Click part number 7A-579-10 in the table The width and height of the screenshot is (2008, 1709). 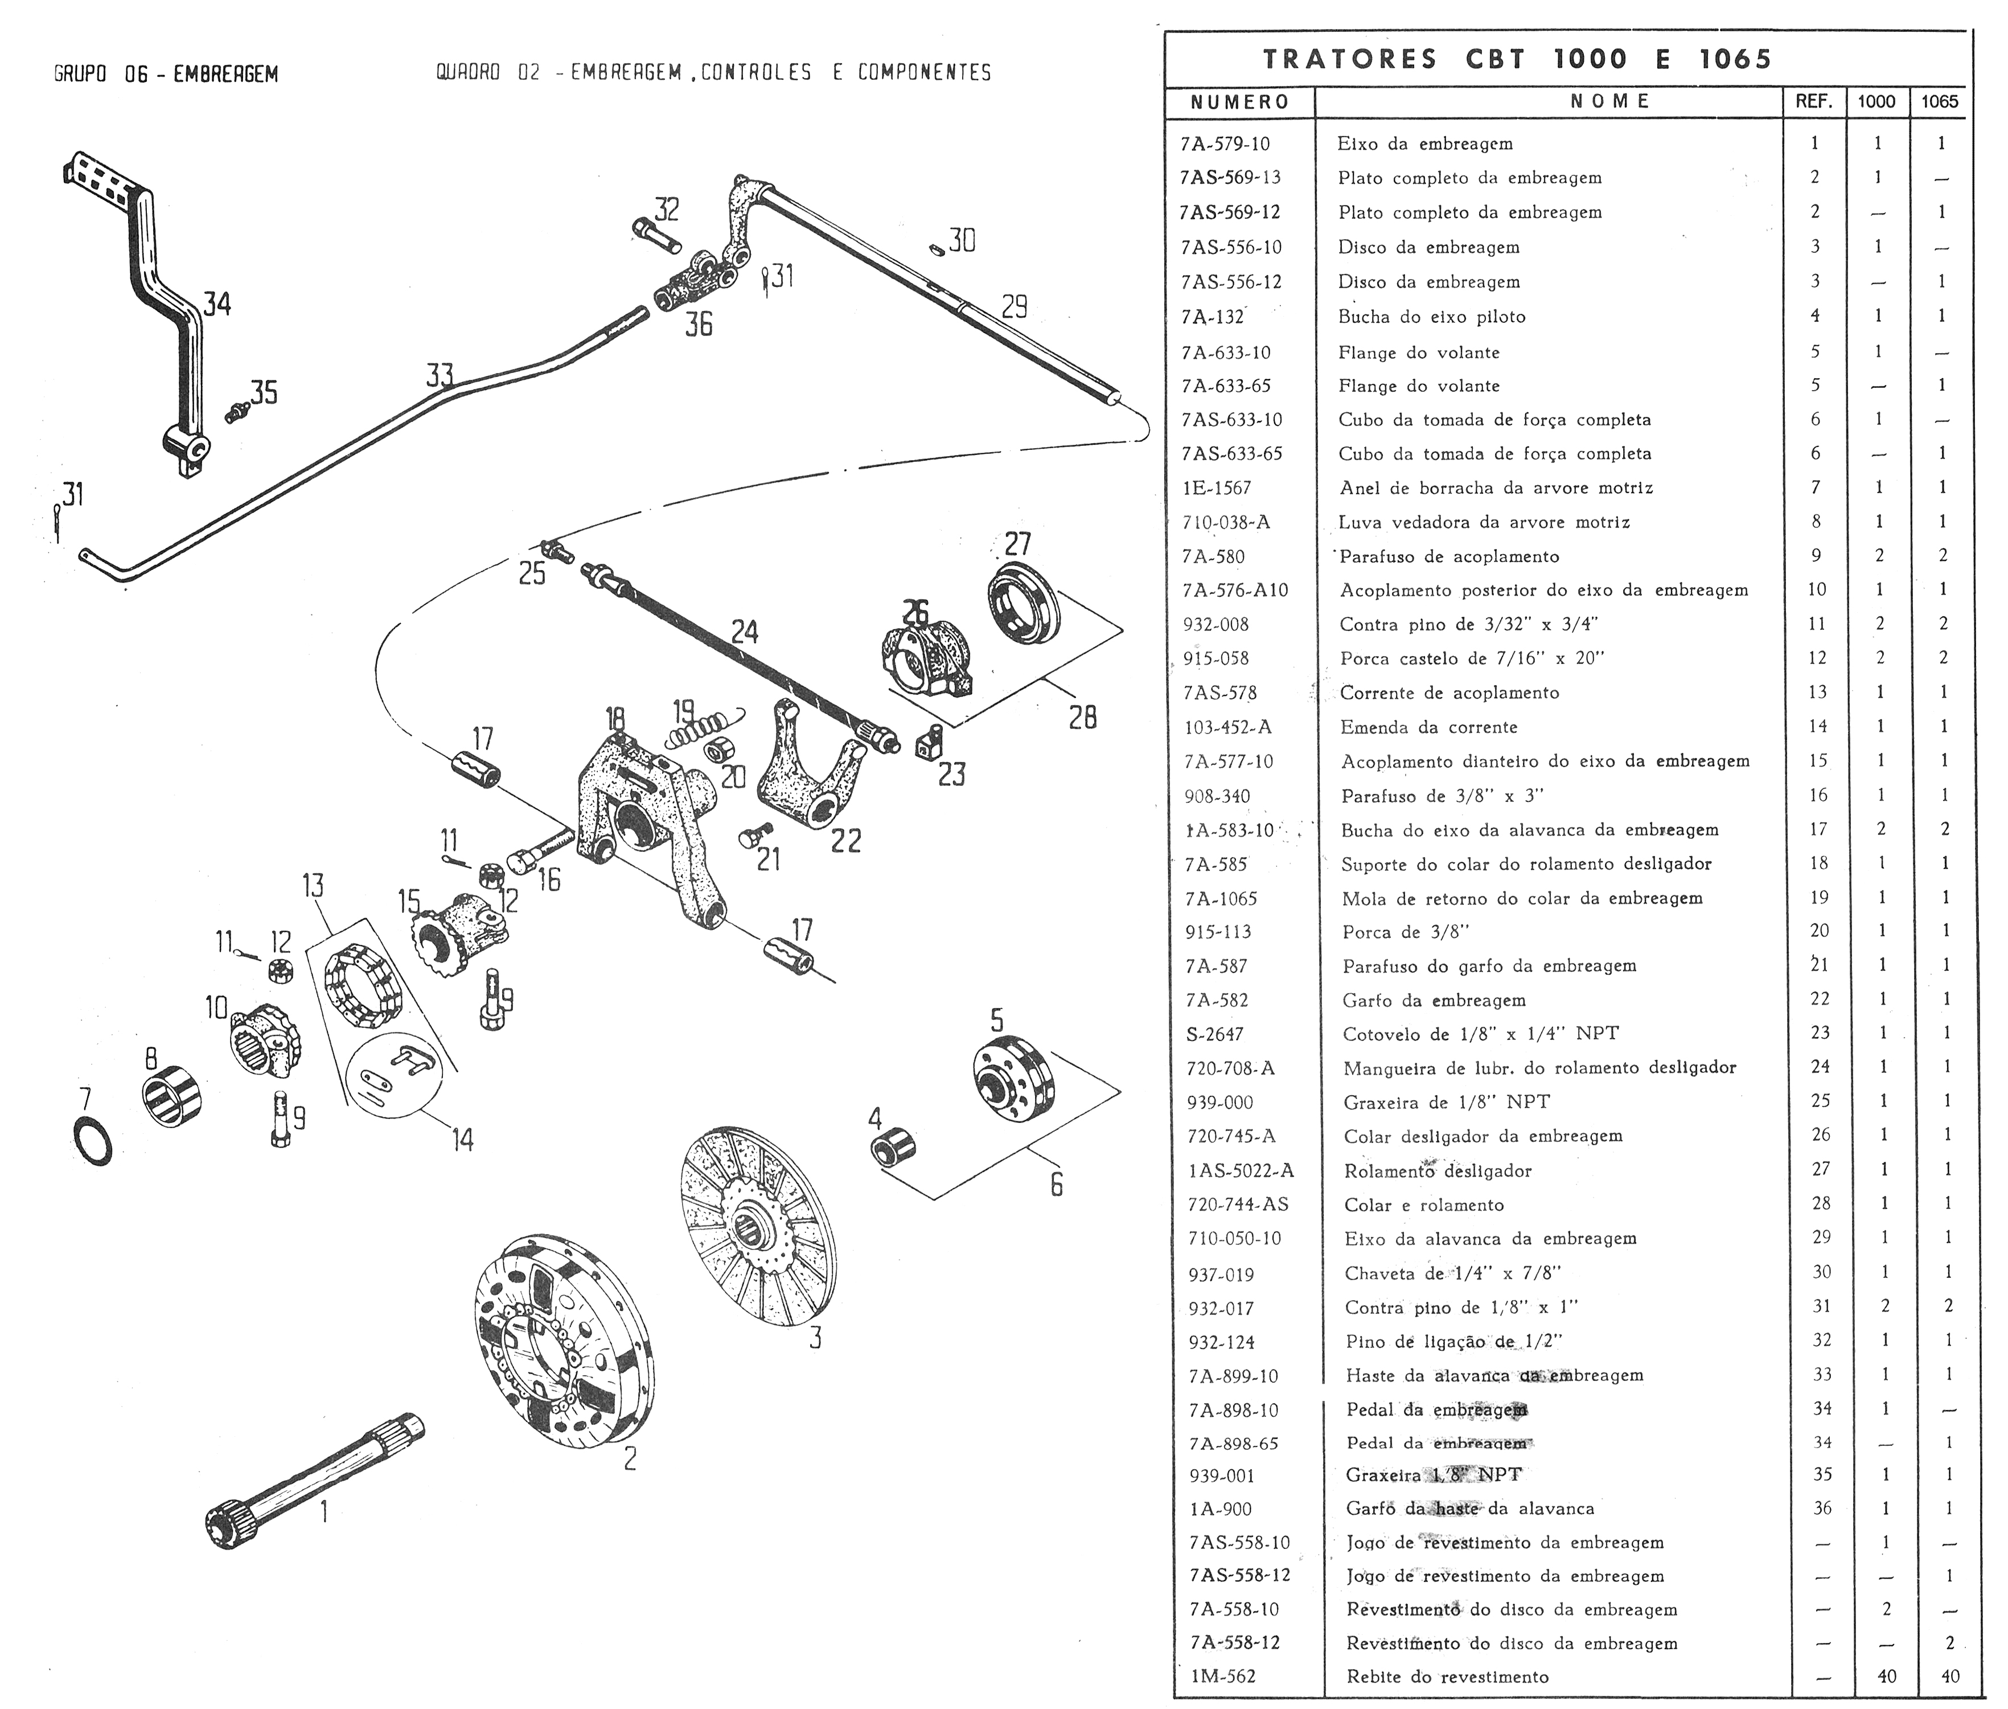1225,144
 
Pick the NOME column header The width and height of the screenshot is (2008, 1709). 1610,101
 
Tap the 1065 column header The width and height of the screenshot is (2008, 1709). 1939,101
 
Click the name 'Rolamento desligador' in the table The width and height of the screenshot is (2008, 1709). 1438,1170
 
